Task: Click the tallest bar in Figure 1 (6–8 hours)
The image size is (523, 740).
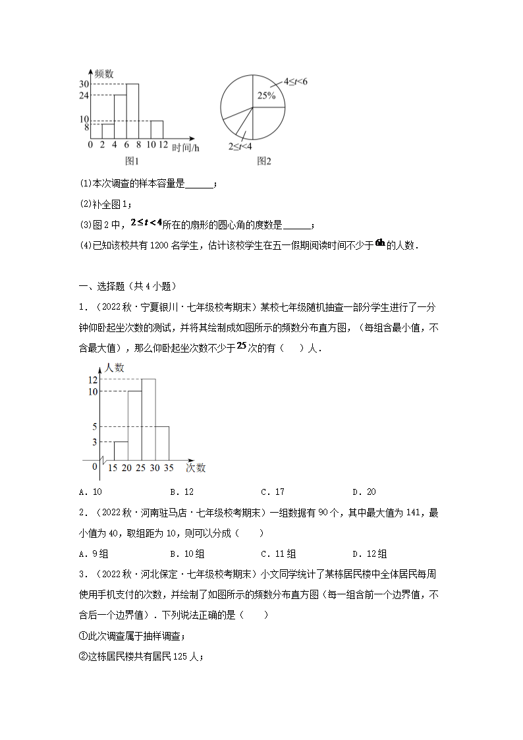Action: click(132, 111)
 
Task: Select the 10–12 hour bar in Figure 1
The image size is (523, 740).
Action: click(157, 129)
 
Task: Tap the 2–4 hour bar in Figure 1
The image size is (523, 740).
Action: click(108, 131)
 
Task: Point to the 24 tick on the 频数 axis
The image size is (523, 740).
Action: click(84, 96)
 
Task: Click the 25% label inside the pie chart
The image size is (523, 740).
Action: click(266, 96)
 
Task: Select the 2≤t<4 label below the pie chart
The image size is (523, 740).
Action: click(240, 146)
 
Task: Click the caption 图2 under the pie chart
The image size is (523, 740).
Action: click(264, 161)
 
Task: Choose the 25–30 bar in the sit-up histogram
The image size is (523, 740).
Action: click(148, 419)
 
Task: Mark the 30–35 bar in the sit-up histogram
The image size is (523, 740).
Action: click(162, 442)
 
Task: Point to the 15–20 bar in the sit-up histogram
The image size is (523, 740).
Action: click(121, 450)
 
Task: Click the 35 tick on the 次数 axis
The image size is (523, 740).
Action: click(169, 468)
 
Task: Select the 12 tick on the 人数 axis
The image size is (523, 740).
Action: click(93, 380)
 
